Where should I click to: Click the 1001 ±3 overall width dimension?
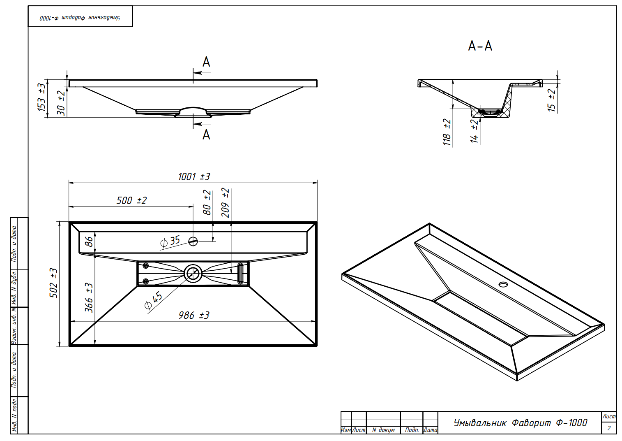(x=194, y=176)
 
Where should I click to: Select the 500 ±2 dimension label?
(x=131, y=200)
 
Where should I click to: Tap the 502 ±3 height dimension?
(x=53, y=283)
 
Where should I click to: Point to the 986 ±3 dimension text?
(x=194, y=315)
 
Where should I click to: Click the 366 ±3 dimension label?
(x=89, y=298)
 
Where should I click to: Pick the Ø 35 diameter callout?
(x=170, y=241)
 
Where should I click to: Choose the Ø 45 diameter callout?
(x=153, y=301)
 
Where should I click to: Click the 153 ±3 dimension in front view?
(x=41, y=97)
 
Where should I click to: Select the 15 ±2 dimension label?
(x=551, y=100)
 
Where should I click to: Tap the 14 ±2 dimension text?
(x=474, y=131)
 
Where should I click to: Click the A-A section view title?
(x=480, y=46)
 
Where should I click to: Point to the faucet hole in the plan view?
(x=193, y=241)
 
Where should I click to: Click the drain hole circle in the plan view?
(x=193, y=274)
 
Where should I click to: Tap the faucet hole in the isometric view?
(x=503, y=284)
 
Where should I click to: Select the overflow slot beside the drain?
(x=240, y=274)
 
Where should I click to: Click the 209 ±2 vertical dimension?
(x=226, y=203)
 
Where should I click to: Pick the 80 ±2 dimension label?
(x=207, y=202)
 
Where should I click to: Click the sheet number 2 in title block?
(x=609, y=428)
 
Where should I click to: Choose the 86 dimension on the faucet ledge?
(x=89, y=241)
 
